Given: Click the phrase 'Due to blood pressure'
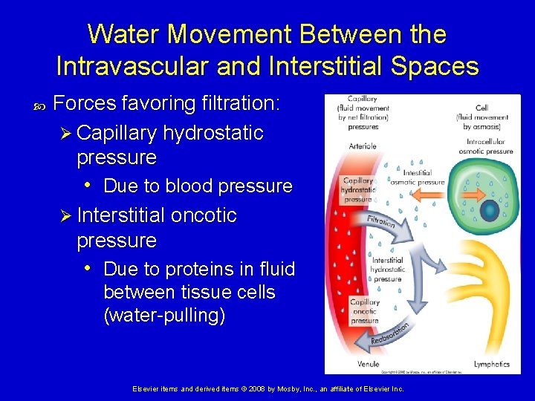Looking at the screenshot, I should pos(198,186).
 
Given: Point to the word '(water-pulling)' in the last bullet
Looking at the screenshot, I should pos(164,316).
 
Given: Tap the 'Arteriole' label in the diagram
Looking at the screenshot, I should pos(362,146).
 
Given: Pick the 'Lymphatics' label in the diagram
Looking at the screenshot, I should pos(491,364).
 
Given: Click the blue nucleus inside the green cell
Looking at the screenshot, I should pos(490,211).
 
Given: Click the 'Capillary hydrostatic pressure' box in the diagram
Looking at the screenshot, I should pos(358,190).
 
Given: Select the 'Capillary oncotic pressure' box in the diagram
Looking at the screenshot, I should pos(364,311).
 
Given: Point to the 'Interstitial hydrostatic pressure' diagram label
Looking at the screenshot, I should pos(388,270).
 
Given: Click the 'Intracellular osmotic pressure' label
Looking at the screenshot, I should pos(490,146).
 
